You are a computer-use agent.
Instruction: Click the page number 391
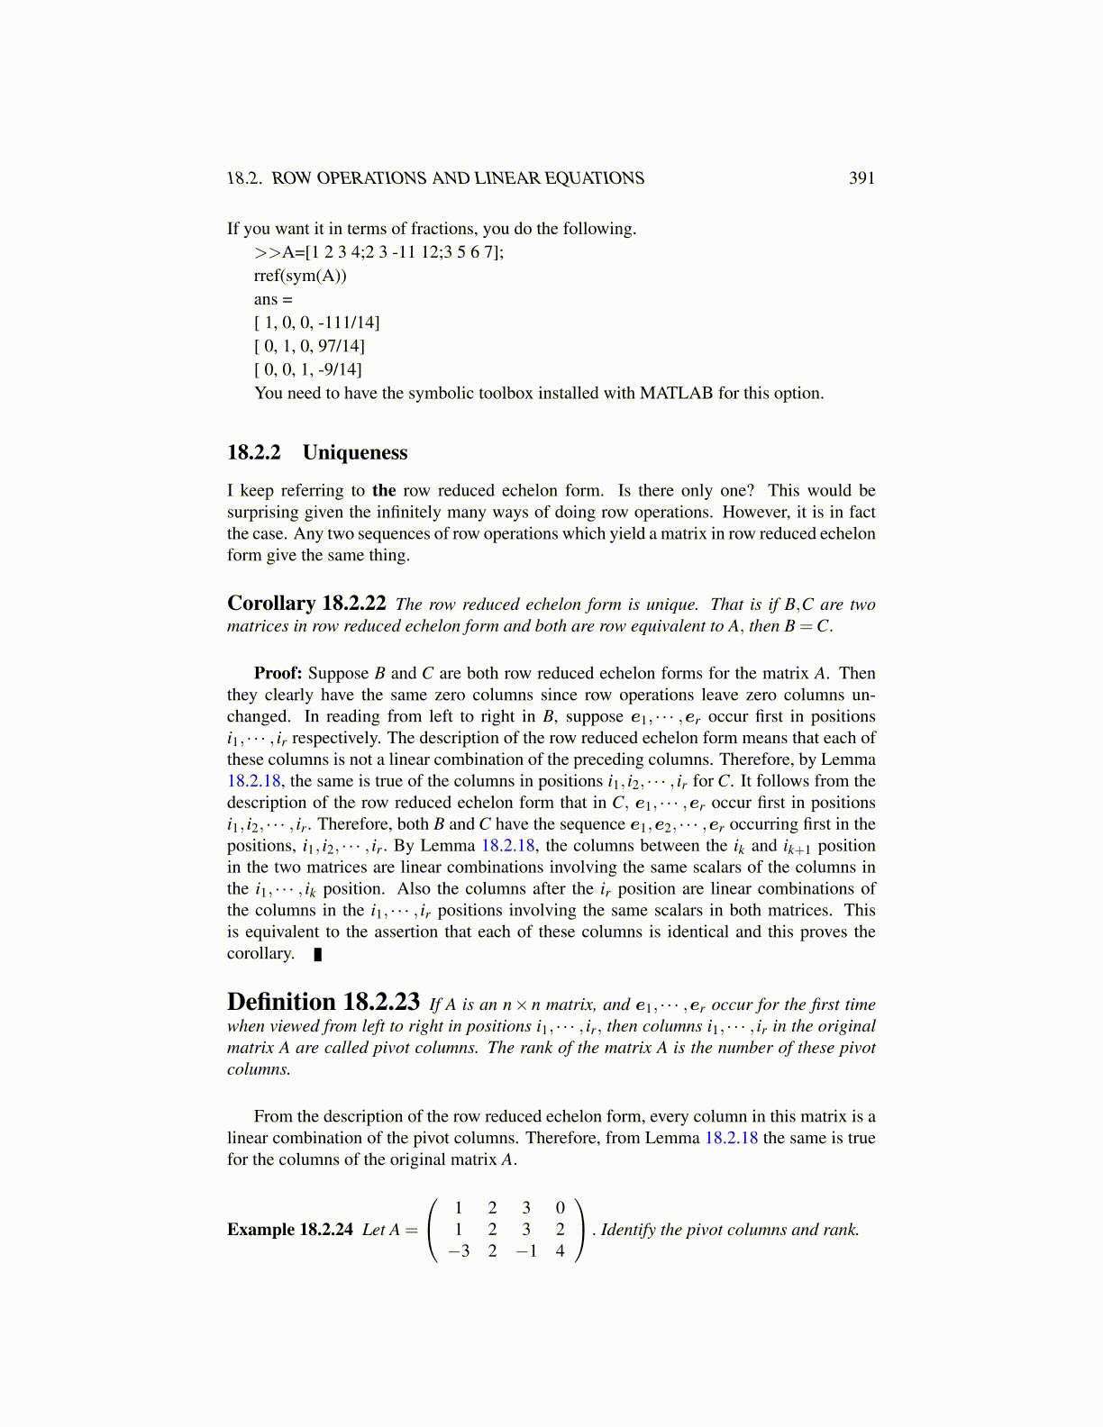(x=861, y=178)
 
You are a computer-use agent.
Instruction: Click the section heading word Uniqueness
(x=355, y=452)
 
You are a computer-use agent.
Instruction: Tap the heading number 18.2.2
(x=254, y=452)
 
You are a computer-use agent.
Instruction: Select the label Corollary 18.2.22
(x=306, y=604)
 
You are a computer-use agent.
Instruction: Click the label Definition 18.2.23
(x=324, y=1003)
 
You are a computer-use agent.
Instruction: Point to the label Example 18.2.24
(x=289, y=1230)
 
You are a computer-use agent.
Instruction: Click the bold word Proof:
(x=278, y=673)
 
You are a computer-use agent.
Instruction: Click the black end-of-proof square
(x=317, y=954)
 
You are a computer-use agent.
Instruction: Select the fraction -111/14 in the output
(x=348, y=323)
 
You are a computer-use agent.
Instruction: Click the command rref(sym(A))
(x=300, y=276)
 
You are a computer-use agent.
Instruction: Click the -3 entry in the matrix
(x=459, y=1250)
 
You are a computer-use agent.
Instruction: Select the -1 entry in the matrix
(x=525, y=1250)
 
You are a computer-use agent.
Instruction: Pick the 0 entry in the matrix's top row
(x=561, y=1208)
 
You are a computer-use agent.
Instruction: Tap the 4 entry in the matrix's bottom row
(x=561, y=1250)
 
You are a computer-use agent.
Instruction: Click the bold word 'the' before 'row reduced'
(x=384, y=490)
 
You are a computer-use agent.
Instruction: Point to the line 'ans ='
(x=273, y=299)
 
